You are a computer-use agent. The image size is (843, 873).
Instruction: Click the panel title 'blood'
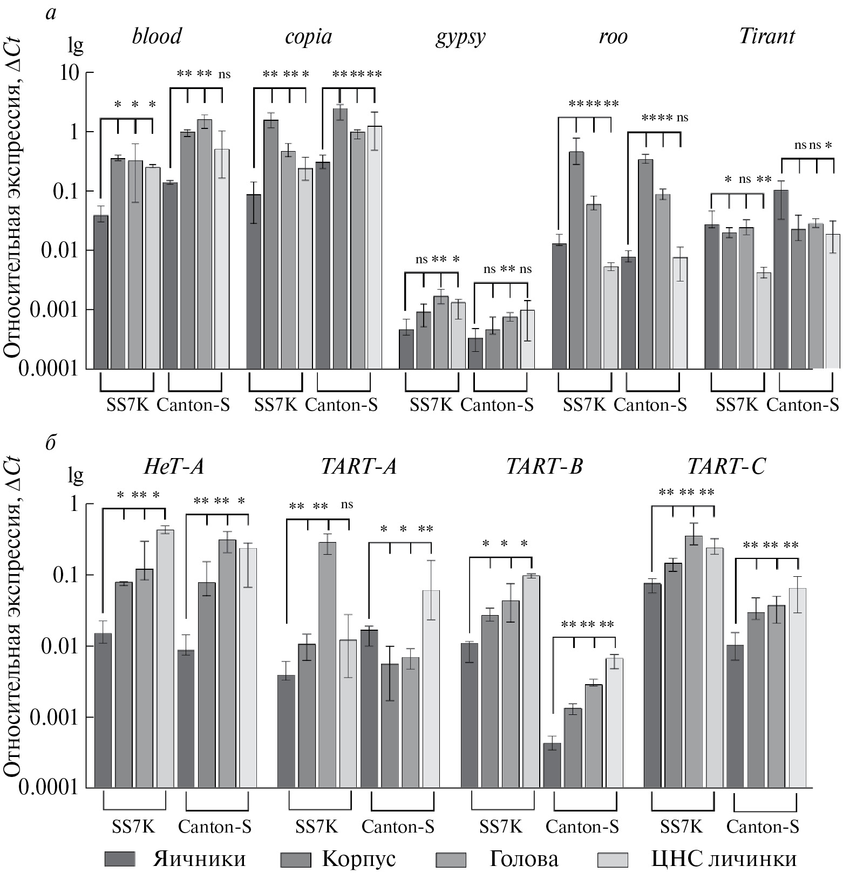click(x=157, y=37)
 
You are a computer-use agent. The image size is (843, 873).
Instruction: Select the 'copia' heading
click(x=308, y=37)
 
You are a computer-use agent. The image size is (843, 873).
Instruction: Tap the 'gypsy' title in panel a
click(x=460, y=38)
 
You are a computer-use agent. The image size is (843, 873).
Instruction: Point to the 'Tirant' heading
click(x=766, y=37)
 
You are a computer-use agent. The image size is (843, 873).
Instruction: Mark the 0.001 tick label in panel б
click(x=58, y=718)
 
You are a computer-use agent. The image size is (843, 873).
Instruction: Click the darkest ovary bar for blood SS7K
click(x=101, y=291)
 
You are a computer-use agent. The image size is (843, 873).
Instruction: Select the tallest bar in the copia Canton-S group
click(x=340, y=238)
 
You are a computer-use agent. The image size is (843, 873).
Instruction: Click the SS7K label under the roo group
click(x=584, y=405)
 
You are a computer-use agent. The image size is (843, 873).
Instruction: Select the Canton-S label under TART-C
click(x=763, y=827)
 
